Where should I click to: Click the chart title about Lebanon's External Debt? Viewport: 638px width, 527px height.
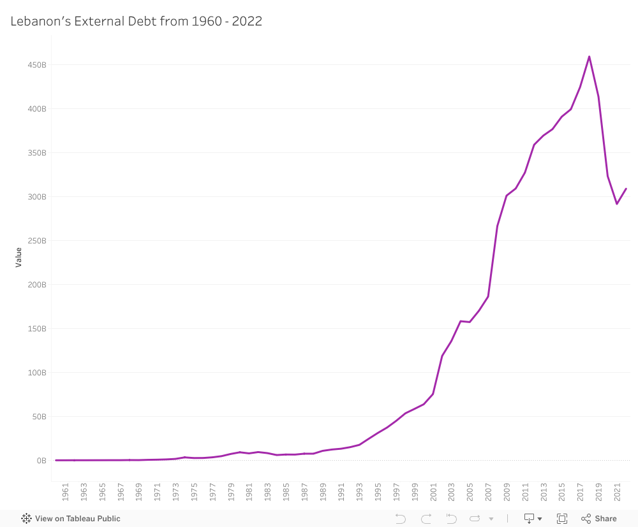(x=136, y=21)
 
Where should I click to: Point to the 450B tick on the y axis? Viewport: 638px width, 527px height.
(x=37, y=65)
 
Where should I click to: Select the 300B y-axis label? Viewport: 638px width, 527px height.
(x=37, y=197)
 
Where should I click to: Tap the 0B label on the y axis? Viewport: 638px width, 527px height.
(x=41, y=461)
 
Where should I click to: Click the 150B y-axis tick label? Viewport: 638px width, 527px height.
(x=37, y=329)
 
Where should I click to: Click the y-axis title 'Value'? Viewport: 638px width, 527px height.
(x=19, y=257)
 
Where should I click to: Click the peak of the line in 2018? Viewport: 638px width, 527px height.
(x=589, y=57)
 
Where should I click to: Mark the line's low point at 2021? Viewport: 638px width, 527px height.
(x=617, y=204)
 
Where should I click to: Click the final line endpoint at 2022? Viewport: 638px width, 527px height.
(x=626, y=189)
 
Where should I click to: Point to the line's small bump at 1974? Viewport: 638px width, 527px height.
(x=184, y=457)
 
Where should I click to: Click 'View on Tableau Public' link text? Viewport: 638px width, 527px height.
(x=78, y=519)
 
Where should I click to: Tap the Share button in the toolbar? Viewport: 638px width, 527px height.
(x=599, y=519)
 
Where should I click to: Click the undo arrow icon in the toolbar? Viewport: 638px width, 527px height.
(x=400, y=519)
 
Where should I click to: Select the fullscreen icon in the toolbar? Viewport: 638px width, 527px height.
(x=562, y=519)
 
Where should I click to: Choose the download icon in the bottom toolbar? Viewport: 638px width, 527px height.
(x=529, y=519)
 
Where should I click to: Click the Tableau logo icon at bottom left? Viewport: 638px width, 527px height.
(x=26, y=519)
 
